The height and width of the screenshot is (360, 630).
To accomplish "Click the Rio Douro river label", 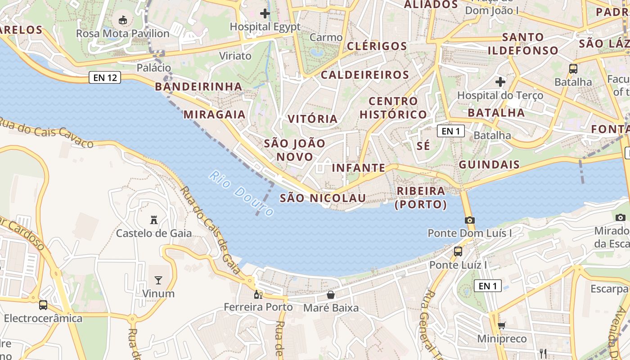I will (x=242, y=193).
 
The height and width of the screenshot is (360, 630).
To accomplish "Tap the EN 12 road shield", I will (x=105, y=77).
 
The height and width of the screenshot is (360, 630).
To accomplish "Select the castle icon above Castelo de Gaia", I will (x=154, y=220).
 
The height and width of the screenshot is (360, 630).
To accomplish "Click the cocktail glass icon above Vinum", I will (x=158, y=280).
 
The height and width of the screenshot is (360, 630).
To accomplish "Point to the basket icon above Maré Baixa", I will (x=331, y=295).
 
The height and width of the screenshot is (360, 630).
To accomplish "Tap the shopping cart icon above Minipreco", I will (x=501, y=325).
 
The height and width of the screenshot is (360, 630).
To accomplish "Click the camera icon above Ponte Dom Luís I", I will (x=469, y=220).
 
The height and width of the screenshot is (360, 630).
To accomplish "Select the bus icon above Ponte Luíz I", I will (x=458, y=252).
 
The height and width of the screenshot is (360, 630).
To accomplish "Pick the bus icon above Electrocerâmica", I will (x=43, y=305).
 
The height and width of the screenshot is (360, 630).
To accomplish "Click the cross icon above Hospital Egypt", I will (x=265, y=13).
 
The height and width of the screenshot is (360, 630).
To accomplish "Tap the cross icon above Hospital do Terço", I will (x=500, y=82).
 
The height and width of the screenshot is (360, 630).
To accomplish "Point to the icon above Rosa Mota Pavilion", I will (x=122, y=20).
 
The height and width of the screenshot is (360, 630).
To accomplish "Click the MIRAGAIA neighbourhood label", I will (x=215, y=114).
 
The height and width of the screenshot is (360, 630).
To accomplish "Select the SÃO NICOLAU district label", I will (x=323, y=198).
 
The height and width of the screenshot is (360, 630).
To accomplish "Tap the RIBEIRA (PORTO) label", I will (x=421, y=198).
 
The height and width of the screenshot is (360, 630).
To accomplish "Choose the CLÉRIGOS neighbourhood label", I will (x=377, y=46).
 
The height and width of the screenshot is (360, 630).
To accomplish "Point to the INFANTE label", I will (x=359, y=168).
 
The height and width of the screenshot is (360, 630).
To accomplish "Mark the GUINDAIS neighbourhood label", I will (x=489, y=164).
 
